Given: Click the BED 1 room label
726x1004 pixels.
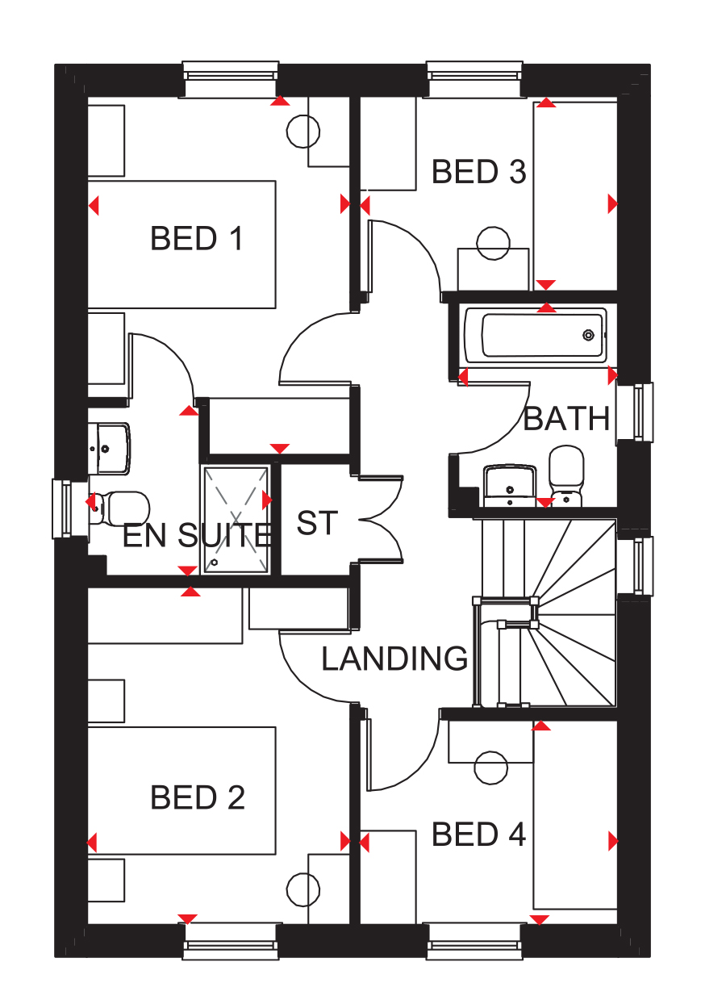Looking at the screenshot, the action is [x=197, y=238].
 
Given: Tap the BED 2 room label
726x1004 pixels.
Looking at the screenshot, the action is [x=198, y=797].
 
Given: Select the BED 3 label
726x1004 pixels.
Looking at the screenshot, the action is [x=478, y=171].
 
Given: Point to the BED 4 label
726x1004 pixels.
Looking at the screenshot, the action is [x=478, y=835].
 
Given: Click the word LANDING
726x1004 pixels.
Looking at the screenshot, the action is [x=394, y=659].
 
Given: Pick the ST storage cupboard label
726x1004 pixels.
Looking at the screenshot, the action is [x=317, y=523].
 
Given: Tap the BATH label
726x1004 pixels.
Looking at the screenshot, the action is [x=566, y=419].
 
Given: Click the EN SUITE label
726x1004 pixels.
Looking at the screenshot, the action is [x=197, y=535].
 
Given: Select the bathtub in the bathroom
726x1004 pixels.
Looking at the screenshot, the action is [x=536, y=335].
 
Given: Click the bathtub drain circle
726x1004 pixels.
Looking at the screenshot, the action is [x=588, y=335].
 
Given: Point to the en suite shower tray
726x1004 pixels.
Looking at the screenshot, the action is [x=236, y=520].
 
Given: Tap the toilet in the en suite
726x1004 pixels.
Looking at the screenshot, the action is [x=119, y=508].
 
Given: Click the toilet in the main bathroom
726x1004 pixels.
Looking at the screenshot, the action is [x=566, y=476].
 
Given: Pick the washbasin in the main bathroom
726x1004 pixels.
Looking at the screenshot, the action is [x=510, y=486].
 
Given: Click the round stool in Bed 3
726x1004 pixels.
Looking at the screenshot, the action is [x=493, y=243].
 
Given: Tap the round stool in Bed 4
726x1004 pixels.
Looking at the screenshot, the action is [x=491, y=768].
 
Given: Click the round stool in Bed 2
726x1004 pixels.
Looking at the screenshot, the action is [x=303, y=889].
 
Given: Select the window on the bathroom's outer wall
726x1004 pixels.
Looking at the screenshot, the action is [x=635, y=412].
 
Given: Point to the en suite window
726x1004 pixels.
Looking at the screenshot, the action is [x=70, y=508].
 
